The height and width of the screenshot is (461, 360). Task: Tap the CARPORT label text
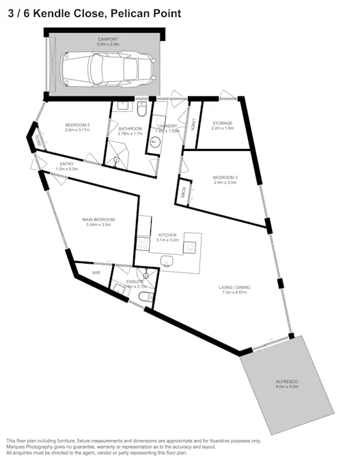point(107,40)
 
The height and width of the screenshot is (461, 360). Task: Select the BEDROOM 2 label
point(78,125)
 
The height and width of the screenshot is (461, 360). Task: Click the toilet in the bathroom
point(142,107)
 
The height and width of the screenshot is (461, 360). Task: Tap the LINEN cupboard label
point(194,124)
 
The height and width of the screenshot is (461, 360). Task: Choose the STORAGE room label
point(222,123)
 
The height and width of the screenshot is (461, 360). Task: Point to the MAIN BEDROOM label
point(98,219)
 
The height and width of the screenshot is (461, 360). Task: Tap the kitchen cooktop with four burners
point(143,244)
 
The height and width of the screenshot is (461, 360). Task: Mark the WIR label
point(96,273)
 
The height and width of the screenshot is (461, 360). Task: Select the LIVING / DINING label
point(236,288)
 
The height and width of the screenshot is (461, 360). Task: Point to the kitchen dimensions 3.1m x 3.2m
point(167,240)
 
